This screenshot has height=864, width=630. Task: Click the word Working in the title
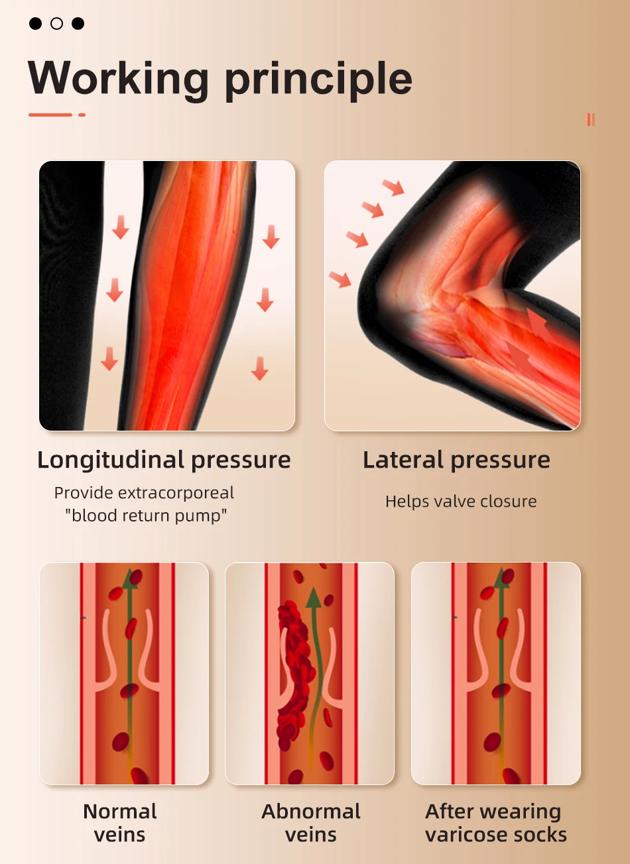point(118,79)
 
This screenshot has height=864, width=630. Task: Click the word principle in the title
point(318,80)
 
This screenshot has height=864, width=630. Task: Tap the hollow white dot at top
point(57,24)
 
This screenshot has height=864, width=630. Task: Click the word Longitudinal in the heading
point(110,460)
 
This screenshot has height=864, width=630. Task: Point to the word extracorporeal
point(176,492)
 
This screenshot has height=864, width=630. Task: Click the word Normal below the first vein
point(119,811)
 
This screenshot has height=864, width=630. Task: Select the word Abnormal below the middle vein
point(311,811)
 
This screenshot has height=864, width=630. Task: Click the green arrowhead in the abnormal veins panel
point(314,598)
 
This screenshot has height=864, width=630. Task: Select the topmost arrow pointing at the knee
point(393,188)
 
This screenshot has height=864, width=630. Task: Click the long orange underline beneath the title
point(50,115)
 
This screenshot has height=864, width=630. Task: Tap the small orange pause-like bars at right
point(591,119)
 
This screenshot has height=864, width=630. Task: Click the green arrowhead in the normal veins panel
point(130,579)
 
